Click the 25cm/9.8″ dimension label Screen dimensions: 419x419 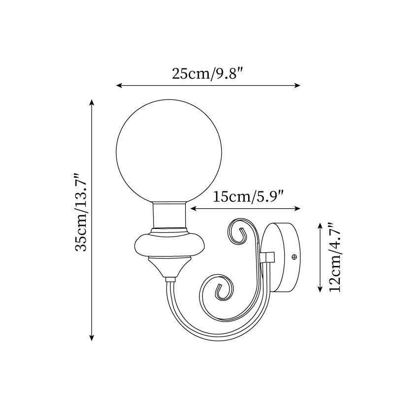point(208,73)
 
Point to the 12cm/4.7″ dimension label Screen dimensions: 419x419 point(335,258)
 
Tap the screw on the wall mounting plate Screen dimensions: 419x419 point(294,257)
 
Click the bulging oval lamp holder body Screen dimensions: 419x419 point(169,245)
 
